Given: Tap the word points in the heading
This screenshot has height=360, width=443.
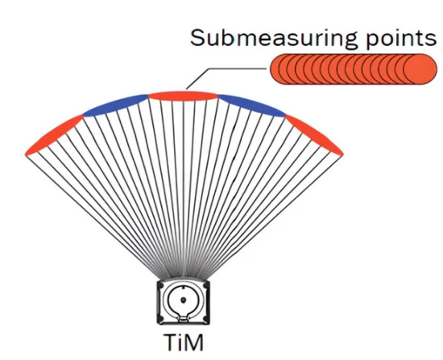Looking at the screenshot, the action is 401,39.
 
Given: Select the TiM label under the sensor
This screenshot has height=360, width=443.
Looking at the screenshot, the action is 184,342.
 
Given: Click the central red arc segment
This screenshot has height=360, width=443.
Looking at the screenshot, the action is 183,96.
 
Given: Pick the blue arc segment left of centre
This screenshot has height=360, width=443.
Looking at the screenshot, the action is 115,106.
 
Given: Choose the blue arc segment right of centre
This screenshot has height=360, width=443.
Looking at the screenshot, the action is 252,106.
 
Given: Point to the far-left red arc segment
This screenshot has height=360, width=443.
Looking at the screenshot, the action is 54,135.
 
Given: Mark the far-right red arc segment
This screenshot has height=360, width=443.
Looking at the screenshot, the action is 314,135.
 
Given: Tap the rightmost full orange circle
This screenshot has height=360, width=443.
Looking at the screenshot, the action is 420,69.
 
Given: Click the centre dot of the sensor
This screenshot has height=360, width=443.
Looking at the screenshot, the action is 183,300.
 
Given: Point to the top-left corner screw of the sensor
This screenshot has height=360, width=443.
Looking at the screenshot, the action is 161,285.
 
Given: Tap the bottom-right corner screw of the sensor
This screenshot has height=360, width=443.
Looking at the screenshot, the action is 205,319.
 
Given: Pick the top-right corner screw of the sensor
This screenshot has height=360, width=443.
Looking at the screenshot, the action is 205,285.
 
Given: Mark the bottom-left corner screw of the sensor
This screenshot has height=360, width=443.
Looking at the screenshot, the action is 161,319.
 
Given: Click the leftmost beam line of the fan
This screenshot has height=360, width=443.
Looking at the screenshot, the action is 96,217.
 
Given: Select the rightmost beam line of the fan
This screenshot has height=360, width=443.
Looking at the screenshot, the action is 271,217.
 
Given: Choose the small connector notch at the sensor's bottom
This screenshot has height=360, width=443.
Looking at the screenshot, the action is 184,319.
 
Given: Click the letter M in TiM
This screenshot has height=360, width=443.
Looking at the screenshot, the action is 194,342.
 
